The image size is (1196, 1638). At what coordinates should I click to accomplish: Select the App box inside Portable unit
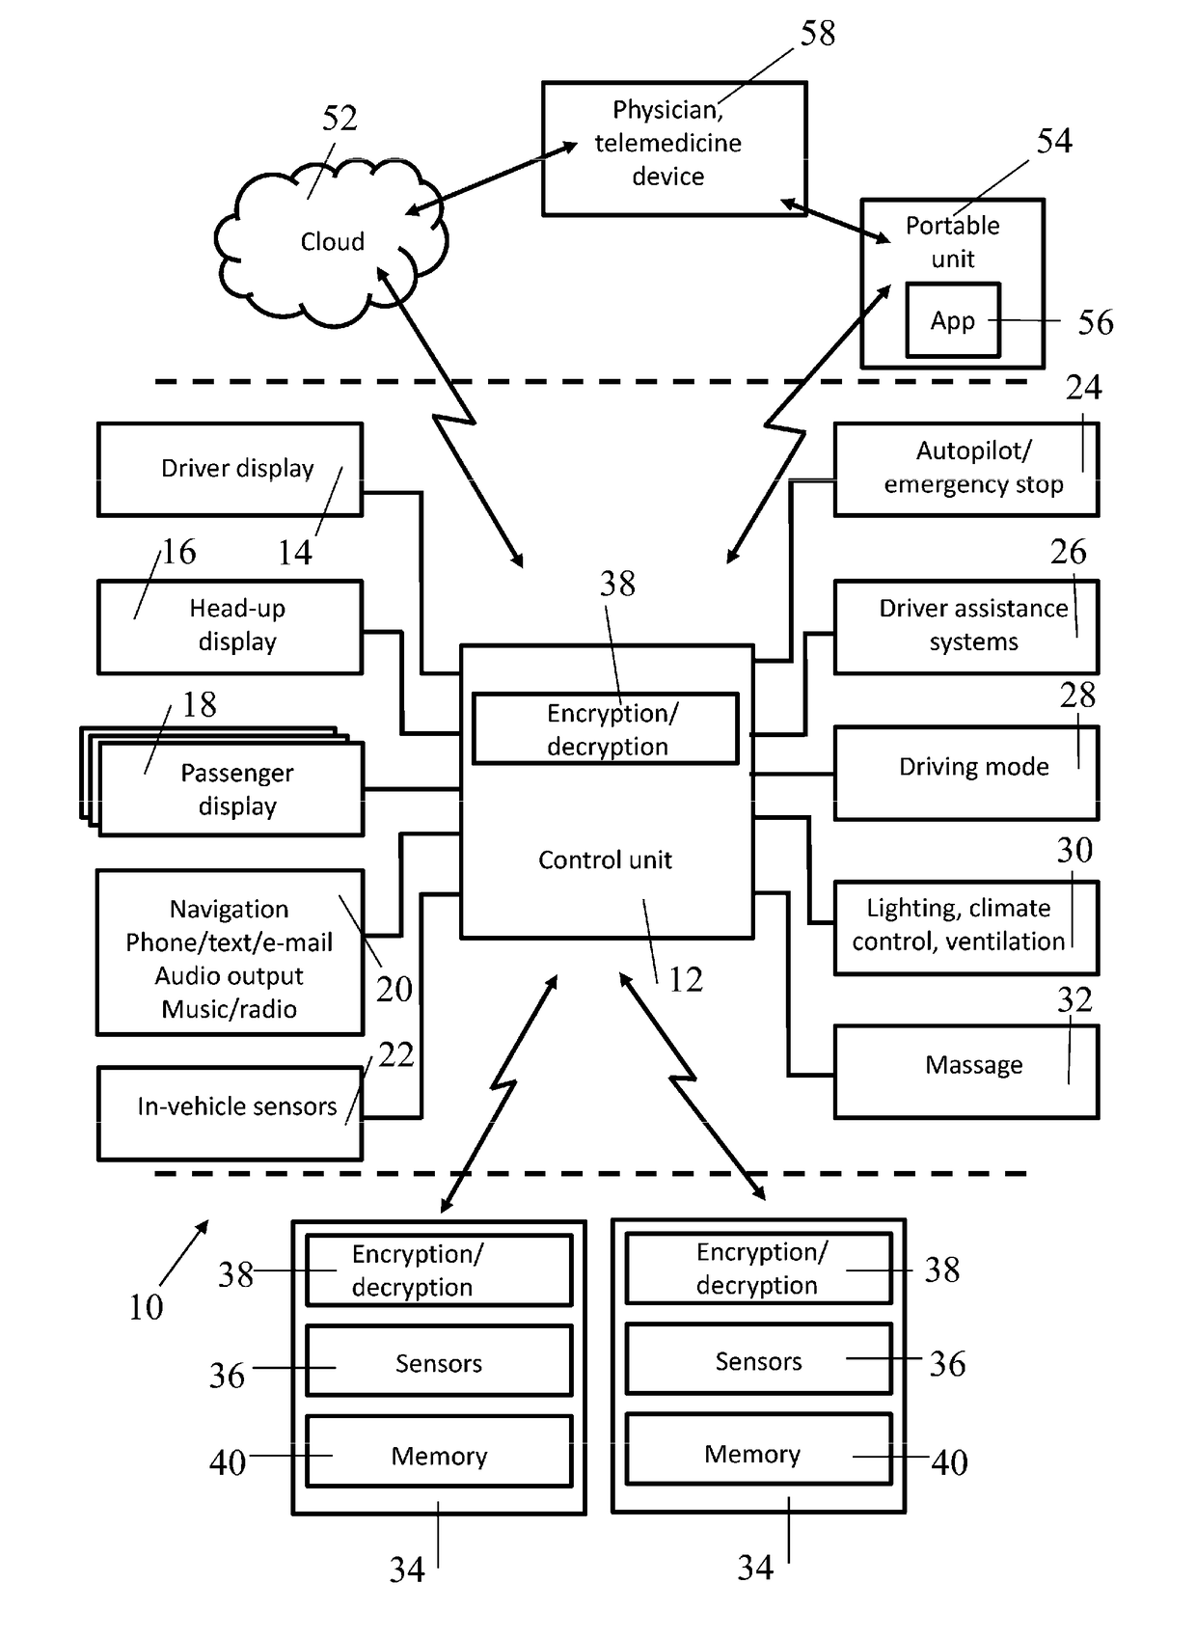[x=952, y=320]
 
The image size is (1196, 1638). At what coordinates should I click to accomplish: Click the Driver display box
[x=230, y=469]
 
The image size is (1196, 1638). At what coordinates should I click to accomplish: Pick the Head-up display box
[x=230, y=626]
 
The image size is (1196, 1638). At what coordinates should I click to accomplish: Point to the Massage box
[x=965, y=1071]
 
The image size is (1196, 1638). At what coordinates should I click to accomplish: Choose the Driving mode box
[x=965, y=772]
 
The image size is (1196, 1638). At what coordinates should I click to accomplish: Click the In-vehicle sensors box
[x=230, y=1112]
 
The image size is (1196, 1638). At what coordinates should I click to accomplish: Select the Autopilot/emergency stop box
[x=965, y=469]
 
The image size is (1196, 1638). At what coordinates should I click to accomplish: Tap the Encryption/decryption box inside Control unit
[x=606, y=728]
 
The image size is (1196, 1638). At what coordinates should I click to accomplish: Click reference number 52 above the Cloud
[x=340, y=119]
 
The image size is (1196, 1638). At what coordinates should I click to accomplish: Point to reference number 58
[x=818, y=34]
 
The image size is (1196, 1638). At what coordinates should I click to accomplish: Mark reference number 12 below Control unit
[x=686, y=980]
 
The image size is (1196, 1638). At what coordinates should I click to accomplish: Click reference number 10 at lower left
[x=146, y=1307]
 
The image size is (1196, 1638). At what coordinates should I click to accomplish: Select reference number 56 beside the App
[x=1095, y=322]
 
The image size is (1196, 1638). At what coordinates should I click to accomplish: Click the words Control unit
[x=605, y=860]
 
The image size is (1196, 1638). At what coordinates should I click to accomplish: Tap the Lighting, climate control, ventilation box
[x=965, y=926]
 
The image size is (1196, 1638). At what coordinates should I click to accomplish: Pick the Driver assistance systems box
[x=965, y=626]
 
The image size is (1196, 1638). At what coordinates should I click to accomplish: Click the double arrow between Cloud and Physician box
[x=492, y=177]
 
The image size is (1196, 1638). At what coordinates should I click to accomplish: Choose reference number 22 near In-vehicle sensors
[x=395, y=1054]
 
